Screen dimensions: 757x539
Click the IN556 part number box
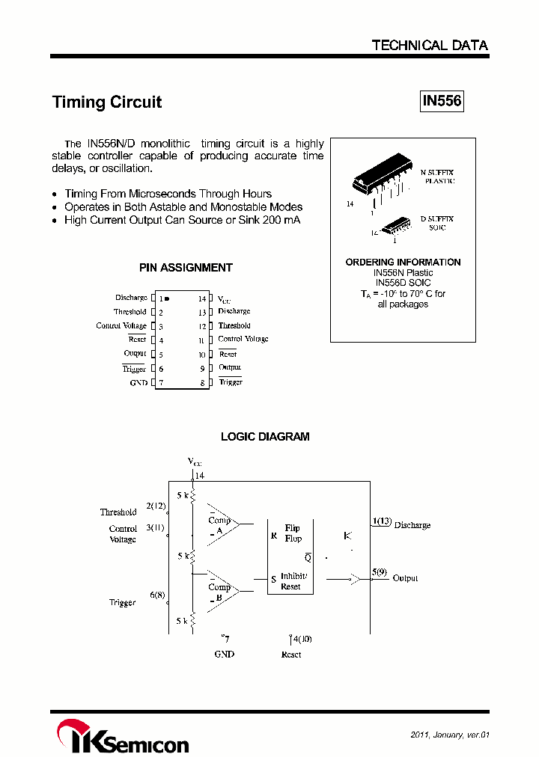(441, 101)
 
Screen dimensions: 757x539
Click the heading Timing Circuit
(106, 102)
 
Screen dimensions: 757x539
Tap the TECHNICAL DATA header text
(430, 46)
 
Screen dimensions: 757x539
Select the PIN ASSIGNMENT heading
(186, 268)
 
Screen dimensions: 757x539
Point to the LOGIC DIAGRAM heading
(265, 437)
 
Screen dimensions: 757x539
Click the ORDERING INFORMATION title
(403, 263)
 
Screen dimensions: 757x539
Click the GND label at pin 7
(138, 383)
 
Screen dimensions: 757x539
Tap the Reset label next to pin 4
(137, 340)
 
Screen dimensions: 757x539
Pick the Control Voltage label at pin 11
(243, 340)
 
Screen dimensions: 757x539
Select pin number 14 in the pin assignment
(202, 298)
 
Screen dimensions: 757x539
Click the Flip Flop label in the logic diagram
(293, 533)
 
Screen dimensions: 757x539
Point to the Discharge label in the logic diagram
(412, 525)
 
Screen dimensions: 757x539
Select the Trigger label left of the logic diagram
(122, 603)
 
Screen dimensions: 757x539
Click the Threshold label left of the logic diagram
(118, 512)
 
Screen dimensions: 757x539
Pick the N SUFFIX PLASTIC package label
(437, 177)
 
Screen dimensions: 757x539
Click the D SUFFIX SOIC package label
(437, 223)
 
